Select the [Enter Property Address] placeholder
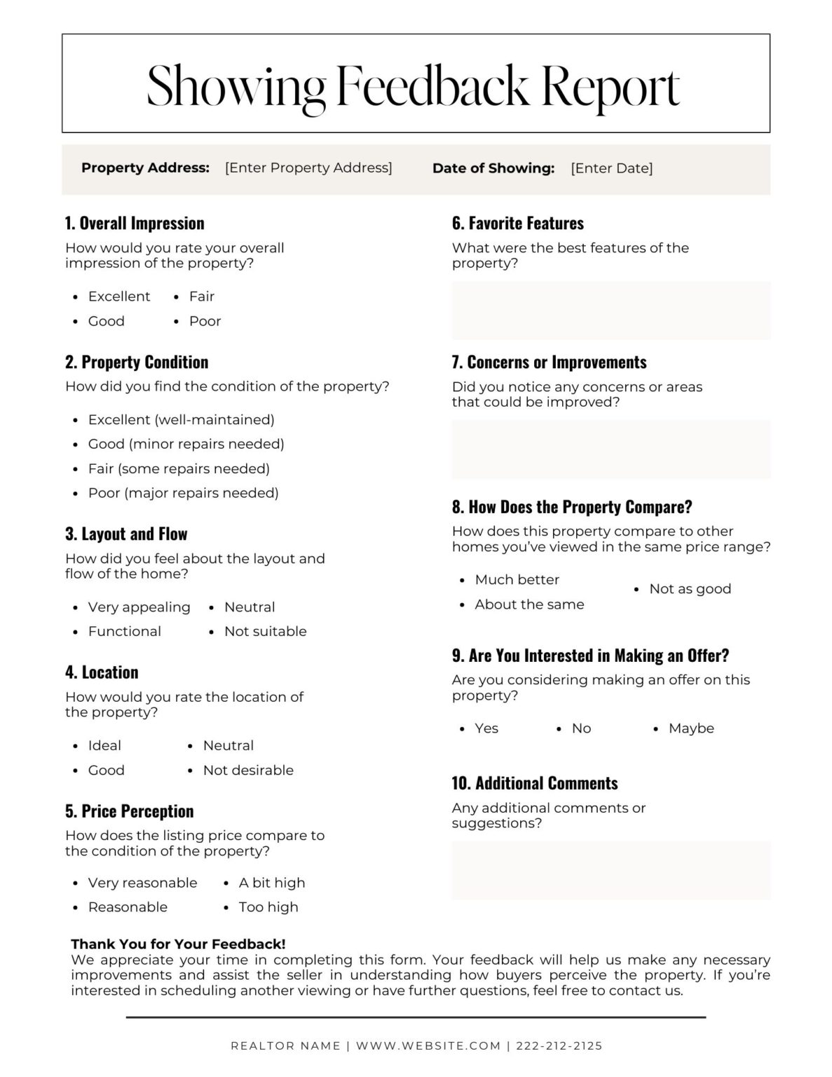click(x=308, y=168)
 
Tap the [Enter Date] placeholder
click(x=611, y=168)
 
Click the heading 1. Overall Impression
click(x=135, y=223)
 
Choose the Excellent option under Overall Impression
click(x=118, y=297)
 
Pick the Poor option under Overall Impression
click(x=205, y=321)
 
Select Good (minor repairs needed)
click(x=186, y=444)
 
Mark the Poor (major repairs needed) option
click(x=183, y=493)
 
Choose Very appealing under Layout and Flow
click(x=139, y=607)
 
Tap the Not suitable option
click(x=265, y=632)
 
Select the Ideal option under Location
click(x=104, y=745)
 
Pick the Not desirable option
click(x=248, y=770)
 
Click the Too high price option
click(x=268, y=907)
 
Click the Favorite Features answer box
click(x=611, y=311)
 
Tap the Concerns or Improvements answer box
click(x=611, y=449)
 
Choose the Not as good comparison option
click(x=690, y=589)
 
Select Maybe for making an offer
click(x=690, y=729)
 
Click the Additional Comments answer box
click(x=611, y=870)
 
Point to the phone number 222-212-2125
click(x=559, y=1046)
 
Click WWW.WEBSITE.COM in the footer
click(x=428, y=1046)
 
